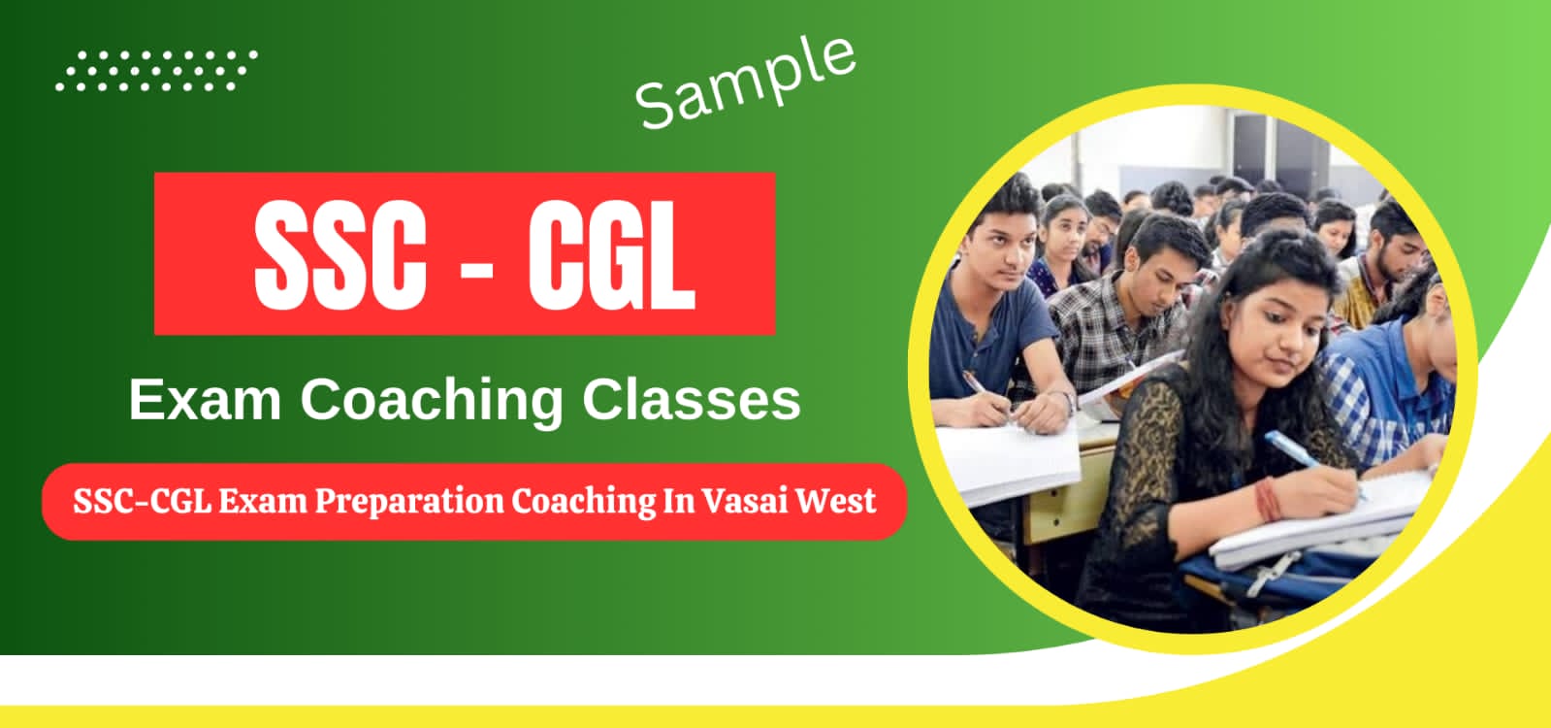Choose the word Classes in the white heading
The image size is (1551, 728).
(x=691, y=399)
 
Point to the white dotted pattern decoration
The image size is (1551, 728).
(x=155, y=71)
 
